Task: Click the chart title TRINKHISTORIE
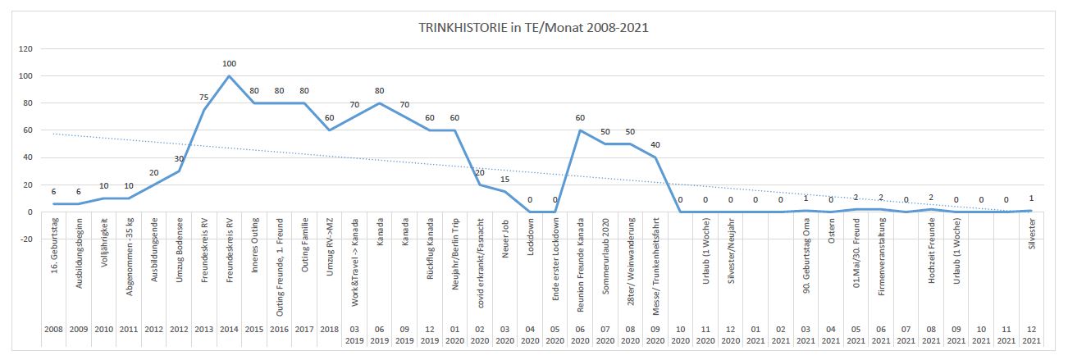(x=533, y=27)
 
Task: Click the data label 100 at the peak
(x=229, y=63)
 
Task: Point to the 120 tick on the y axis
(x=26, y=49)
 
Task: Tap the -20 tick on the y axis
(x=25, y=239)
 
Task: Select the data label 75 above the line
(x=203, y=97)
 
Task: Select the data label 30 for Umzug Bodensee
(x=179, y=158)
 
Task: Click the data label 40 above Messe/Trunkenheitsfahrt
(x=655, y=145)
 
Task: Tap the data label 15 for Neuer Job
(x=505, y=179)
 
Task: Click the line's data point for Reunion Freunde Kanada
(x=580, y=130)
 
